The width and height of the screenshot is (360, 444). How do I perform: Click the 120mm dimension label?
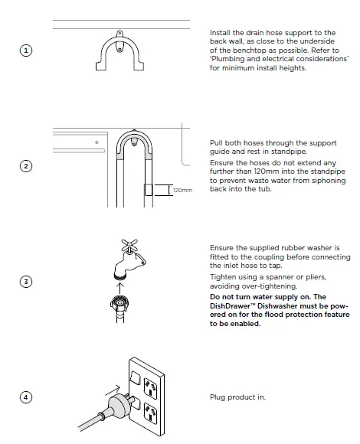click(x=181, y=190)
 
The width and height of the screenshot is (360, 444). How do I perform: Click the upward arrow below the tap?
click(x=119, y=287)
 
